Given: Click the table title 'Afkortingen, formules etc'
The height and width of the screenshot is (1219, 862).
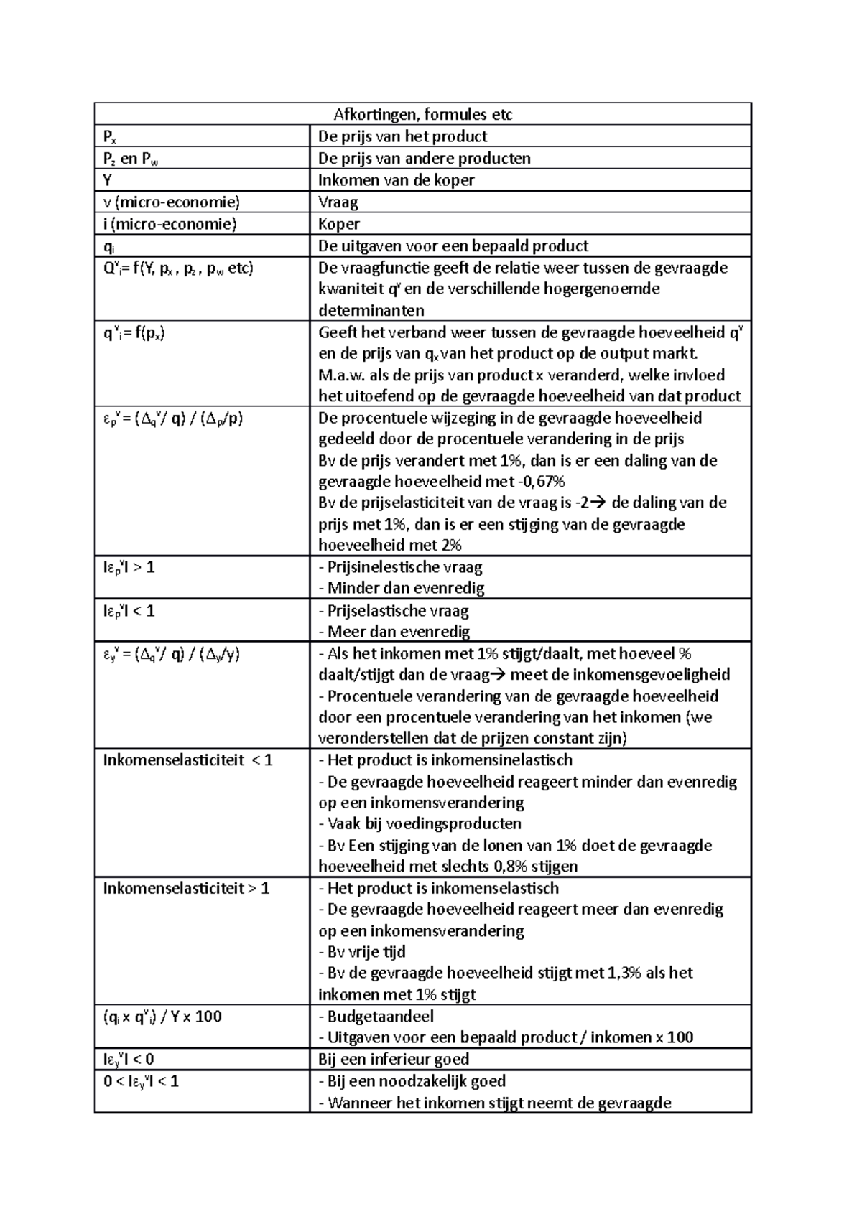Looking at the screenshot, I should click(422, 115).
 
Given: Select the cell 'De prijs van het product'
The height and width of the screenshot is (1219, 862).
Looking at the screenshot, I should click(402, 136).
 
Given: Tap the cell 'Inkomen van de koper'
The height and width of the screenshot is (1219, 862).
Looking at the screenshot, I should click(396, 180).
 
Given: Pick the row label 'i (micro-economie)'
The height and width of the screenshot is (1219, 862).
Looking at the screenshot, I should click(170, 224).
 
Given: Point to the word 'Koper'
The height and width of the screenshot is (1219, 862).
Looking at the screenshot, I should click(339, 224).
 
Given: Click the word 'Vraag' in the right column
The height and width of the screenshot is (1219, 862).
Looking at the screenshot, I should click(338, 202).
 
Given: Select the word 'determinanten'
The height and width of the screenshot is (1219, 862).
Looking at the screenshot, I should click(371, 311).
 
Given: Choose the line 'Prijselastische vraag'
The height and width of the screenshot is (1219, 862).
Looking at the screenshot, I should click(397, 611).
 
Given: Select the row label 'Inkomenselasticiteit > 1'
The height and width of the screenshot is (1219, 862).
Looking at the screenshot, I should click(186, 889).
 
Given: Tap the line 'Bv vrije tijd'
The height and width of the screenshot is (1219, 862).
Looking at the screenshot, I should click(366, 952).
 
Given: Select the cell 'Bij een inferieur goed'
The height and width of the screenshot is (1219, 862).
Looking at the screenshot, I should click(394, 1060).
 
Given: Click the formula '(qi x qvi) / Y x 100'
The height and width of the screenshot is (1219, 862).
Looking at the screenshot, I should click(162, 1017).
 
